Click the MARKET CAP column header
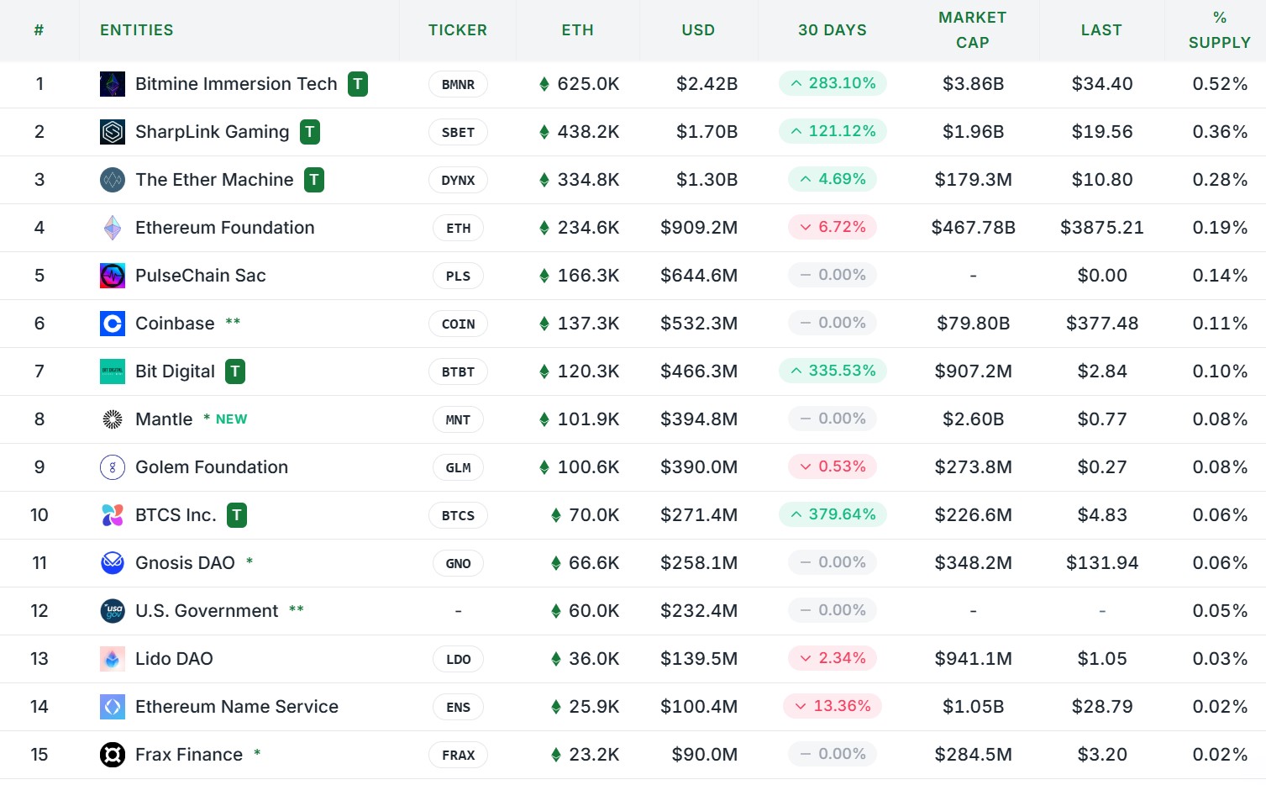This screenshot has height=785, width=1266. point(972,30)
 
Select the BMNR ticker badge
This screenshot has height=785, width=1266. point(458,84)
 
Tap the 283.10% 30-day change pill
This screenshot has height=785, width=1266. point(833,83)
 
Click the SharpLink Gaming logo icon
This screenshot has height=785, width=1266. point(113,132)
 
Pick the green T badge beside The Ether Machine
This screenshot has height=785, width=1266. point(314,180)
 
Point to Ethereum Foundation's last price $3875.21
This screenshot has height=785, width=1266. point(1101,228)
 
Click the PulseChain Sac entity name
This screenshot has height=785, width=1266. point(200,276)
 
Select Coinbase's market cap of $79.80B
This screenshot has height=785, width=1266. point(973,324)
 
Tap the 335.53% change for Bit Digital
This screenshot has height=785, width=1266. point(833,371)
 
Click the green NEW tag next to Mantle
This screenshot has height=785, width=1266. point(231,419)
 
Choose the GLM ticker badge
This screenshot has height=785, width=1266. point(458,467)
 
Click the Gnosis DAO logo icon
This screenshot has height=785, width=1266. point(113,563)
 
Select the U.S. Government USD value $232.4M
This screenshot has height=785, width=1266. point(698,611)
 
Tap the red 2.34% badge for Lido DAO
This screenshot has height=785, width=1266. point(833,658)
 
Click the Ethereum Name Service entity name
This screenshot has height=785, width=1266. point(236,707)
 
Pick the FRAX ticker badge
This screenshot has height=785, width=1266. point(458,755)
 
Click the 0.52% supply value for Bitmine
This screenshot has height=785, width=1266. point(1220,84)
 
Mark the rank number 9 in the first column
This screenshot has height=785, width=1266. point(39,467)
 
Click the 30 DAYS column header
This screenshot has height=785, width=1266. point(832,30)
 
